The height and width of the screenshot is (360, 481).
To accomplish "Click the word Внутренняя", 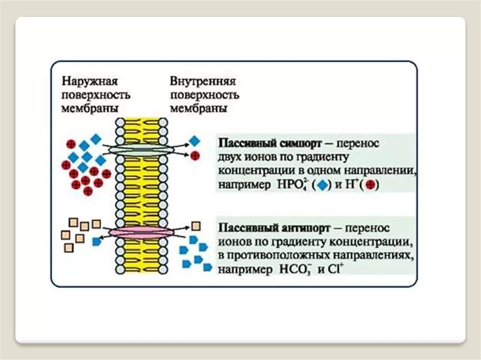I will pyautogui.click(x=202, y=81).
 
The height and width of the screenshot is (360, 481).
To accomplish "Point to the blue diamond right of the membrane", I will pyautogui.click(x=194, y=141).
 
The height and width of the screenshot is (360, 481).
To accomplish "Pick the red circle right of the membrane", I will pyautogui.click(x=195, y=156).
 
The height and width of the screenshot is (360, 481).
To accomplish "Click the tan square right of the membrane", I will pyautogui.click(x=196, y=226).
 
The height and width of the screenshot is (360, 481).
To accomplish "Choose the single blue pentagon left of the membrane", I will pyautogui.click(x=97, y=241).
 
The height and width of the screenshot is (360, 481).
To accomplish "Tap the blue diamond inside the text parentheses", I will pyautogui.click(x=321, y=185).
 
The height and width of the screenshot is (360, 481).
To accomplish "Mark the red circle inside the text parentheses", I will pyautogui.click(x=369, y=185).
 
